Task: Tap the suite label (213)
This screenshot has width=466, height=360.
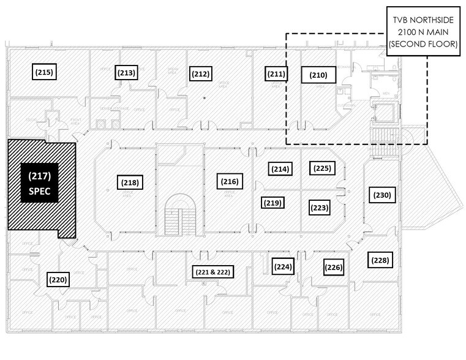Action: tap(126, 73)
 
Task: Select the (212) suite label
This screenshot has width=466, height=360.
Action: tap(201, 74)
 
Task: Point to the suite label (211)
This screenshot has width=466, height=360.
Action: tap(276, 75)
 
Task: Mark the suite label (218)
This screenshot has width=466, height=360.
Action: tap(130, 182)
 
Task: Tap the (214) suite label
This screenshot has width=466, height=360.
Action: tap(279, 168)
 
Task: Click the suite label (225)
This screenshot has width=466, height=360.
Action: tap(321, 168)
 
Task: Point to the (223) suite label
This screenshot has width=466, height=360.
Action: tap(320, 208)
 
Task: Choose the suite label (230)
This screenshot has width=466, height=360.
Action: tap(380, 195)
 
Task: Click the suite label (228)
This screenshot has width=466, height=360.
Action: tap(380, 260)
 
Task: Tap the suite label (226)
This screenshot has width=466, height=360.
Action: tap(334, 267)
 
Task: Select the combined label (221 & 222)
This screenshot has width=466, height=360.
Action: tap(211, 271)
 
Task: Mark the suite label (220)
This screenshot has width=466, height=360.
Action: tap(58, 279)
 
